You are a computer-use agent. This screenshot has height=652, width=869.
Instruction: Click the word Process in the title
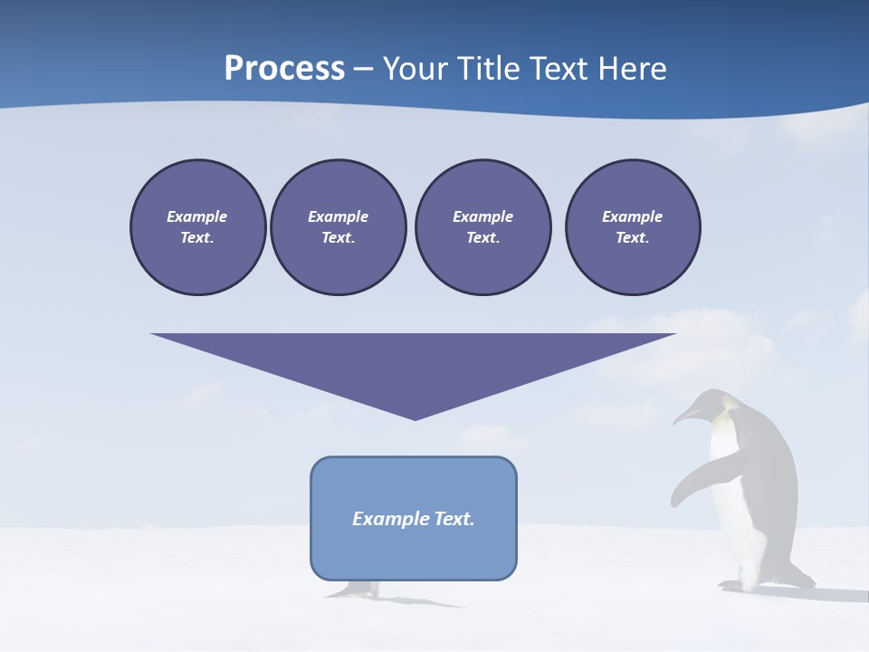point(284,69)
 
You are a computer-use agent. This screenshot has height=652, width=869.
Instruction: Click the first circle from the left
point(198,227)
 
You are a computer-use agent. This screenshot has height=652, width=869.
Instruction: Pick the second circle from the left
point(339,227)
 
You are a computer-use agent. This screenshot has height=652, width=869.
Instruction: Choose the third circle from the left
point(482,227)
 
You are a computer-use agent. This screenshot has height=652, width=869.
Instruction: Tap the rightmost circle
point(633,227)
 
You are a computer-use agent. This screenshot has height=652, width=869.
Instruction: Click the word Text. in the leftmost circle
point(197,238)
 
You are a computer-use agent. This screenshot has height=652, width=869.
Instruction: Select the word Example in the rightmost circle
point(633,216)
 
